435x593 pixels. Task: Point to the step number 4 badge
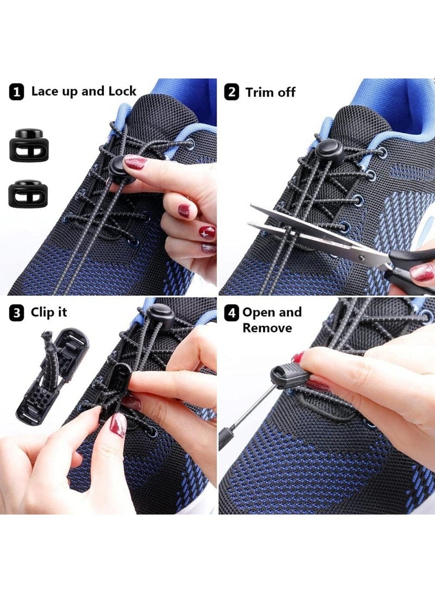233,314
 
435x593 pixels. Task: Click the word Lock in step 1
122,91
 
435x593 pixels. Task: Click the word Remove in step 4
267,328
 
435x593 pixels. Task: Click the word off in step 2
286,92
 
